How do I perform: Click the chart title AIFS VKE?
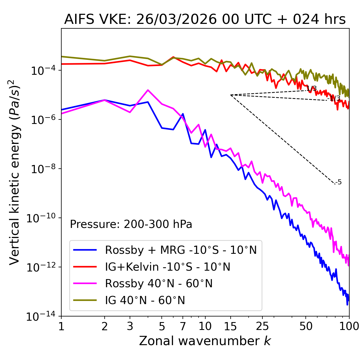(205, 20)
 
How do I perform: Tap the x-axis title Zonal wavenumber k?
(205, 341)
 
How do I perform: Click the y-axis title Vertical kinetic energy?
(15, 172)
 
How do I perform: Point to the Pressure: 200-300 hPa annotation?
(131, 224)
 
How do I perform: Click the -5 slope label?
(339, 182)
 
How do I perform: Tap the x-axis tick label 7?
(183, 326)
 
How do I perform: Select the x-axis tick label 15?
(230, 326)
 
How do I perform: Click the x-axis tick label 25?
(262, 326)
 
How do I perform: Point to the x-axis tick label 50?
(306, 326)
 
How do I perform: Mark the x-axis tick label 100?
(349, 326)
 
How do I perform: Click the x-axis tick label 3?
(130, 326)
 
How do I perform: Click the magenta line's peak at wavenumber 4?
(148, 90)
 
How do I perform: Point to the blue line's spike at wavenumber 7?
(183, 114)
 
